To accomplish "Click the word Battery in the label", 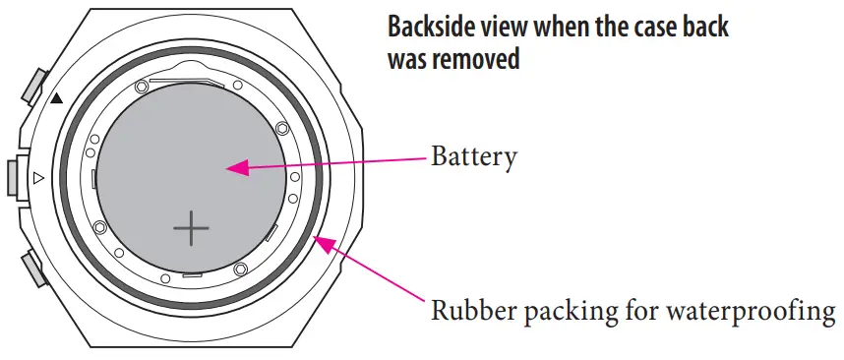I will click(x=473, y=157).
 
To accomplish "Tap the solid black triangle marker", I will click(x=56, y=97).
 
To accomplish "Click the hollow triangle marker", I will click(x=38, y=178).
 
